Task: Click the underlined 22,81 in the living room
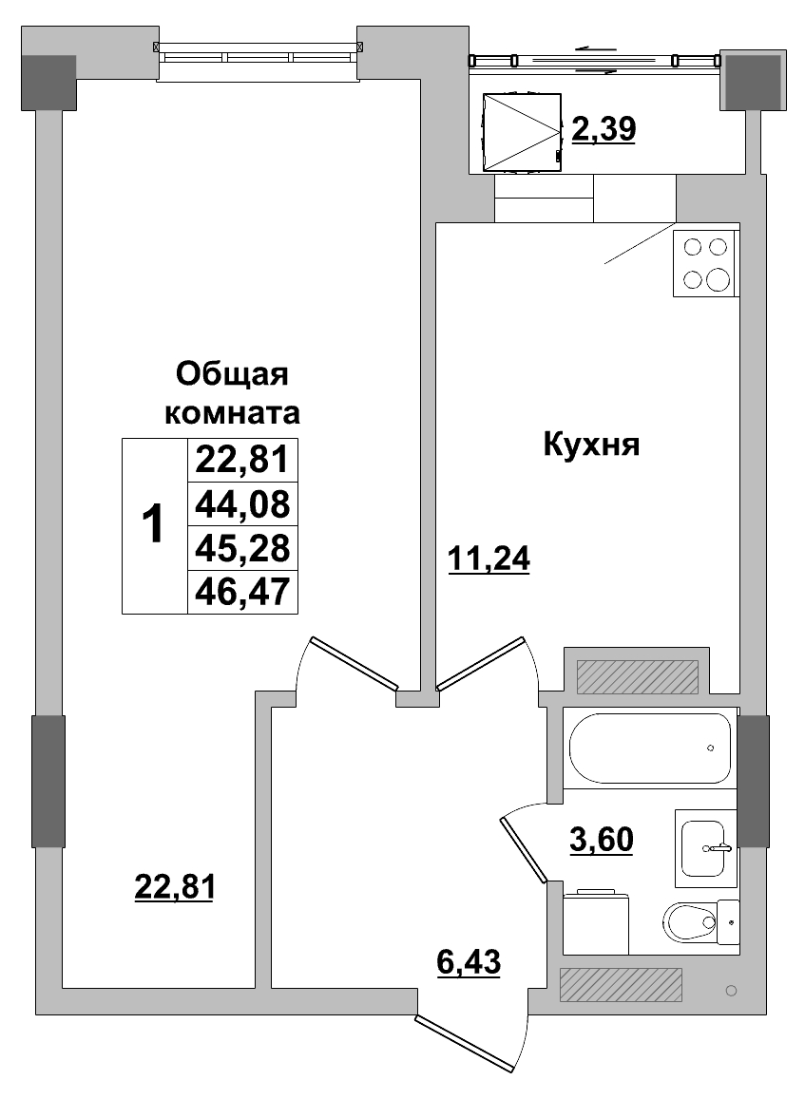pyautogui.click(x=176, y=887)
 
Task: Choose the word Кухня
pyautogui.click(x=590, y=444)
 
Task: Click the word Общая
pyautogui.click(x=232, y=374)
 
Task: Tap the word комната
pyautogui.click(x=233, y=414)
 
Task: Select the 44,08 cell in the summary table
pyautogui.click(x=242, y=503)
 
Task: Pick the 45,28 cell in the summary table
pyautogui.click(x=242, y=548)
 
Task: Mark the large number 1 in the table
pyautogui.click(x=153, y=524)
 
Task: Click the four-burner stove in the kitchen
pyautogui.click(x=705, y=263)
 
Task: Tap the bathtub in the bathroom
pyautogui.click(x=650, y=748)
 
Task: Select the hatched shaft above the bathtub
pyautogui.click(x=633, y=675)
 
